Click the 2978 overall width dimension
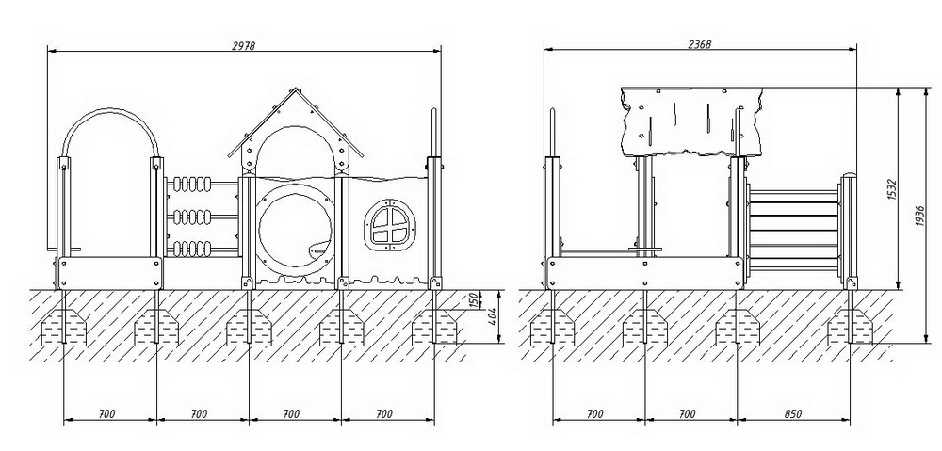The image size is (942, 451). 245,46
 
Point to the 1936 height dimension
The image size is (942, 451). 921,216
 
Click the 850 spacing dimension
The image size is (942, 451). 793,413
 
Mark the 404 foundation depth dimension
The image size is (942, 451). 493,316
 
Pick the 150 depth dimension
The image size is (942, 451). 474,299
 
